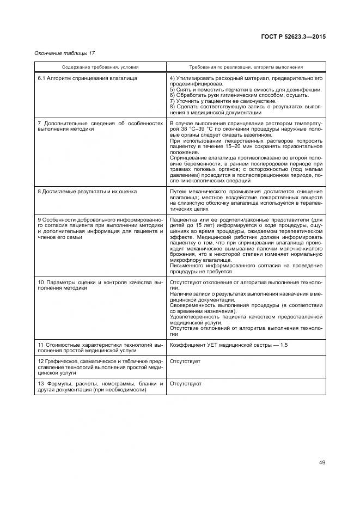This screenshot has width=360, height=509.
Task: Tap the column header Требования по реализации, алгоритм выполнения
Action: coord(246,67)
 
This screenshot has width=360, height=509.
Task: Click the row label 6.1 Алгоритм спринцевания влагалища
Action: coord(87,78)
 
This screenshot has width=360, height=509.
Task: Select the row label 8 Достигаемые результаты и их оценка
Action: coord(87,192)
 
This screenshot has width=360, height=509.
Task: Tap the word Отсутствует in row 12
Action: coord(185,361)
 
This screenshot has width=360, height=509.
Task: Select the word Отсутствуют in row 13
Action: coord(186,383)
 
